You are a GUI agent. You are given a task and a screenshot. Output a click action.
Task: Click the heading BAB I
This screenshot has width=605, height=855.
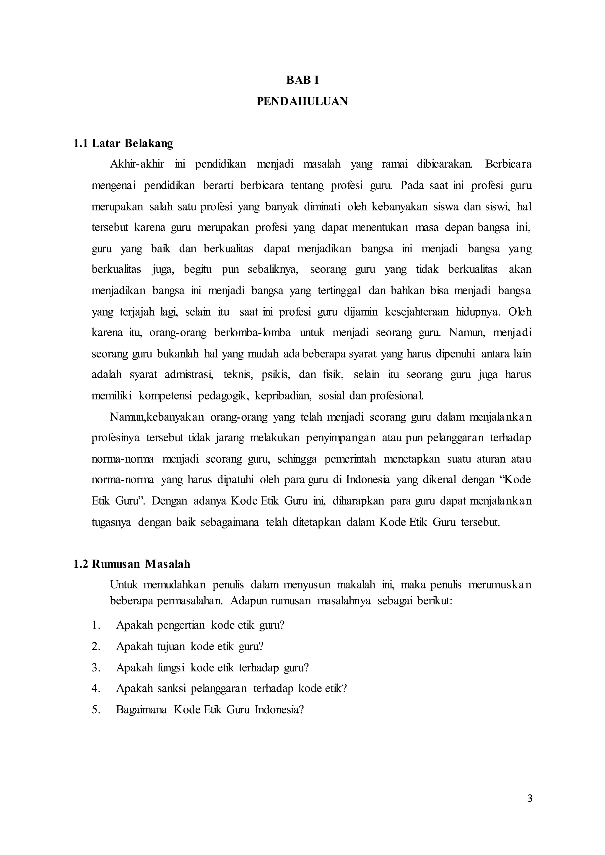pyautogui.click(x=302, y=80)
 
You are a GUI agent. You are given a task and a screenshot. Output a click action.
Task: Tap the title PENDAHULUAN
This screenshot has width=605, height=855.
pyautogui.click(x=302, y=101)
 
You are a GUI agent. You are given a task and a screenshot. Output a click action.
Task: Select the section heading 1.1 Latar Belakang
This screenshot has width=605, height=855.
pyautogui.click(x=123, y=143)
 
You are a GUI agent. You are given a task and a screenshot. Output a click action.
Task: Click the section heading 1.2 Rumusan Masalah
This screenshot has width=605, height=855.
pyautogui.click(x=132, y=564)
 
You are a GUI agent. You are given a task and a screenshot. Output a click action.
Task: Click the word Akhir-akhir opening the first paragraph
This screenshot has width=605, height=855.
pyautogui.click(x=137, y=164)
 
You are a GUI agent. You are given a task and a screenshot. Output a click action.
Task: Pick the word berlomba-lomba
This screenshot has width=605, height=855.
pyautogui.click(x=252, y=332)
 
